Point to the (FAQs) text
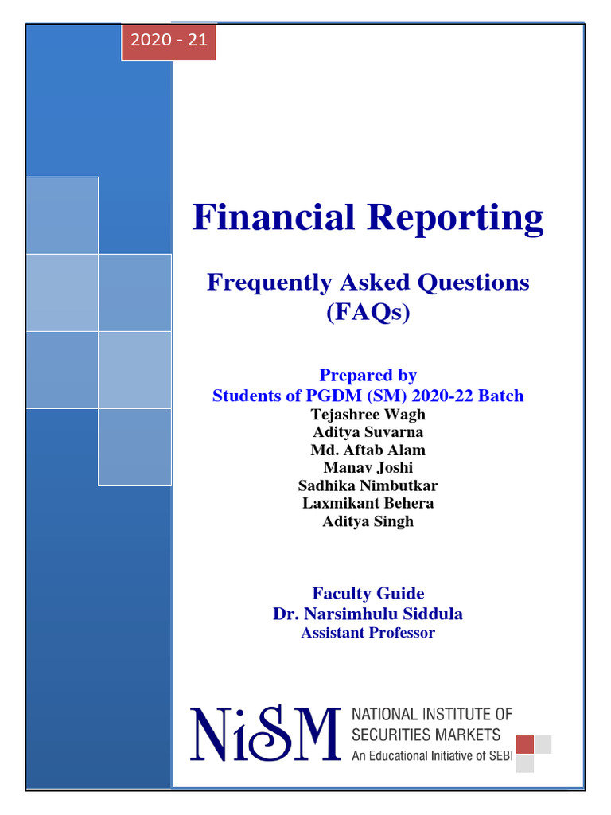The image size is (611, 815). [368, 313]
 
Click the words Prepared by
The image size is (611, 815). [368, 375]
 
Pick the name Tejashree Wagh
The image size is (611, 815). [368, 415]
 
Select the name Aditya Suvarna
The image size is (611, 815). [368, 432]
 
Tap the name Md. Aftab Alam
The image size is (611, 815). [368, 450]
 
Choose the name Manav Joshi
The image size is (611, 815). [368, 468]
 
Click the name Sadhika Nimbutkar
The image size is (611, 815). [368, 485]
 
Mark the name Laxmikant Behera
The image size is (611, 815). [368, 503]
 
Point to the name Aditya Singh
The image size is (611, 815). [368, 521]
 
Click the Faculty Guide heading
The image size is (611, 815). [368, 593]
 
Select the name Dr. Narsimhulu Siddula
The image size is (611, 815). [368, 614]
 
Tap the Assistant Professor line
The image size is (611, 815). [368, 633]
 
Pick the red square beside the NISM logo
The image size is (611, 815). [525, 744]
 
